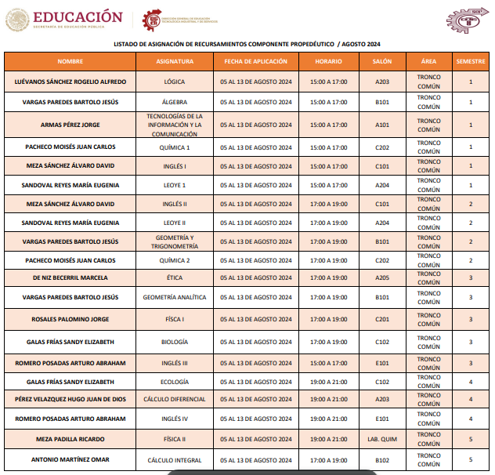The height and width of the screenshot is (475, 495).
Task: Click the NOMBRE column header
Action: pyautogui.click(x=70, y=61)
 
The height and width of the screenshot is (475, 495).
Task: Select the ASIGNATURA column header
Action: pyautogui.click(x=175, y=61)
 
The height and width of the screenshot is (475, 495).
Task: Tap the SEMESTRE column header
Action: pyautogui.click(x=470, y=61)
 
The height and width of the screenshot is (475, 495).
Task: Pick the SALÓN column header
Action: pyautogui.click(x=382, y=61)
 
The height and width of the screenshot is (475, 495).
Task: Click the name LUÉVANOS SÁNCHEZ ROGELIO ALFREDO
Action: pyautogui.click(x=70, y=82)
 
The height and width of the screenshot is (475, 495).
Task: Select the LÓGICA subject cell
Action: pyautogui.click(x=175, y=82)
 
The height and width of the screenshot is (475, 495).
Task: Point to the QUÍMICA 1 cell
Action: pyautogui.click(x=175, y=147)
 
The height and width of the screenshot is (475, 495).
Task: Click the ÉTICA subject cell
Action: pyautogui.click(x=175, y=277)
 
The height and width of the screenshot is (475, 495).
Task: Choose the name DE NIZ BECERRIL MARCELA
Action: pyautogui.click(x=70, y=277)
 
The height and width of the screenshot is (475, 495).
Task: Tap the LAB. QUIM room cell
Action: pyautogui.click(x=382, y=439)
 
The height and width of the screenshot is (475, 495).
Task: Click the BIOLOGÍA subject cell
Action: pyautogui.click(x=175, y=342)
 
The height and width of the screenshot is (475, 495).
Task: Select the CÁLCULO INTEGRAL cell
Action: pyautogui.click(x=175, y=460)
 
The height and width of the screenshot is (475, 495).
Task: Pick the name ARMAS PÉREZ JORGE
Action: pyautogui.click(x=70, y=125)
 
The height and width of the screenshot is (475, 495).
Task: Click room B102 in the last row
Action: pyautogui.click(x=382, y=460)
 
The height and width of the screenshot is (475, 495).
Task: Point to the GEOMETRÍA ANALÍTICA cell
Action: pyautogui.click(x=175, y=298)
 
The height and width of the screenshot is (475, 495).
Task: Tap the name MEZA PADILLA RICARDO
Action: pyautogui.click(x=70, y=439)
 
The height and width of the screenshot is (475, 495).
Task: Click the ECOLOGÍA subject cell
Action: pyautogui.click(x=175, y=382)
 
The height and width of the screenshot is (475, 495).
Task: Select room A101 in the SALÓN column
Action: pyautogui.click(x=382, y=125)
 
